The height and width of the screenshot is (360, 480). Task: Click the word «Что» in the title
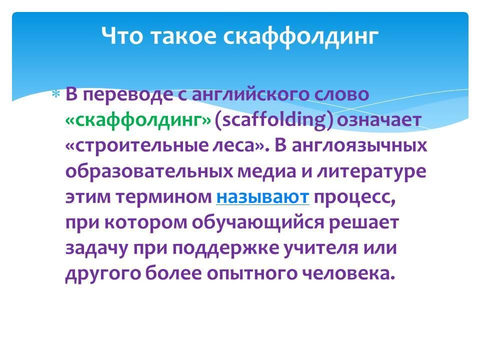click(122, 35)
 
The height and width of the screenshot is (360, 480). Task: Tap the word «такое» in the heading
click(183, 36)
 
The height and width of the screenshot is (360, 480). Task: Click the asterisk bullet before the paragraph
click(56, 94)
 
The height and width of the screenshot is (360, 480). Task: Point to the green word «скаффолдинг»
click(138, 120)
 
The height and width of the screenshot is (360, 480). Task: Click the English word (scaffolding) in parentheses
click(273, 120)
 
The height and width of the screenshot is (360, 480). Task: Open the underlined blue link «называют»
click(262, 197)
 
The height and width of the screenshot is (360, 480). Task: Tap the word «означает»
click(379, 120)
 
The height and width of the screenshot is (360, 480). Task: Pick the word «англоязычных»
click(359, 145)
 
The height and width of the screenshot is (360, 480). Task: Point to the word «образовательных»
click(149, 171)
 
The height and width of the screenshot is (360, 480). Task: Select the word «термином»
click(164, 197)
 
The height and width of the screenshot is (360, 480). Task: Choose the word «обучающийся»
click(258, 223)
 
